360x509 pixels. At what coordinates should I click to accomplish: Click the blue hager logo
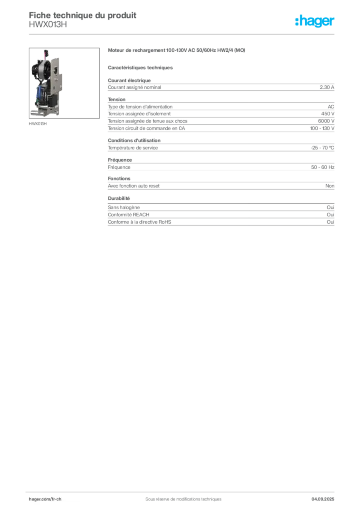[x=315, y=22]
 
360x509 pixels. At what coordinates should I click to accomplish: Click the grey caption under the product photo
[x=37, y=124]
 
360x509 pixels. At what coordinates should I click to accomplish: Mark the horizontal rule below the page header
[x=182, y=34]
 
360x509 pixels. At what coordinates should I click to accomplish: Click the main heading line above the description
[x=177, y=50]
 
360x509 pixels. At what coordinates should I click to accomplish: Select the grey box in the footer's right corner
[x=326, y=497]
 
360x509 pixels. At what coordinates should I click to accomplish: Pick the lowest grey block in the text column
[x=220, y=217]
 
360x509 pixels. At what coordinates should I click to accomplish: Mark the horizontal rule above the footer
[x=182, y=489]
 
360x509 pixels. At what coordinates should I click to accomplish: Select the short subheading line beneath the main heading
[x=141, y=67]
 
